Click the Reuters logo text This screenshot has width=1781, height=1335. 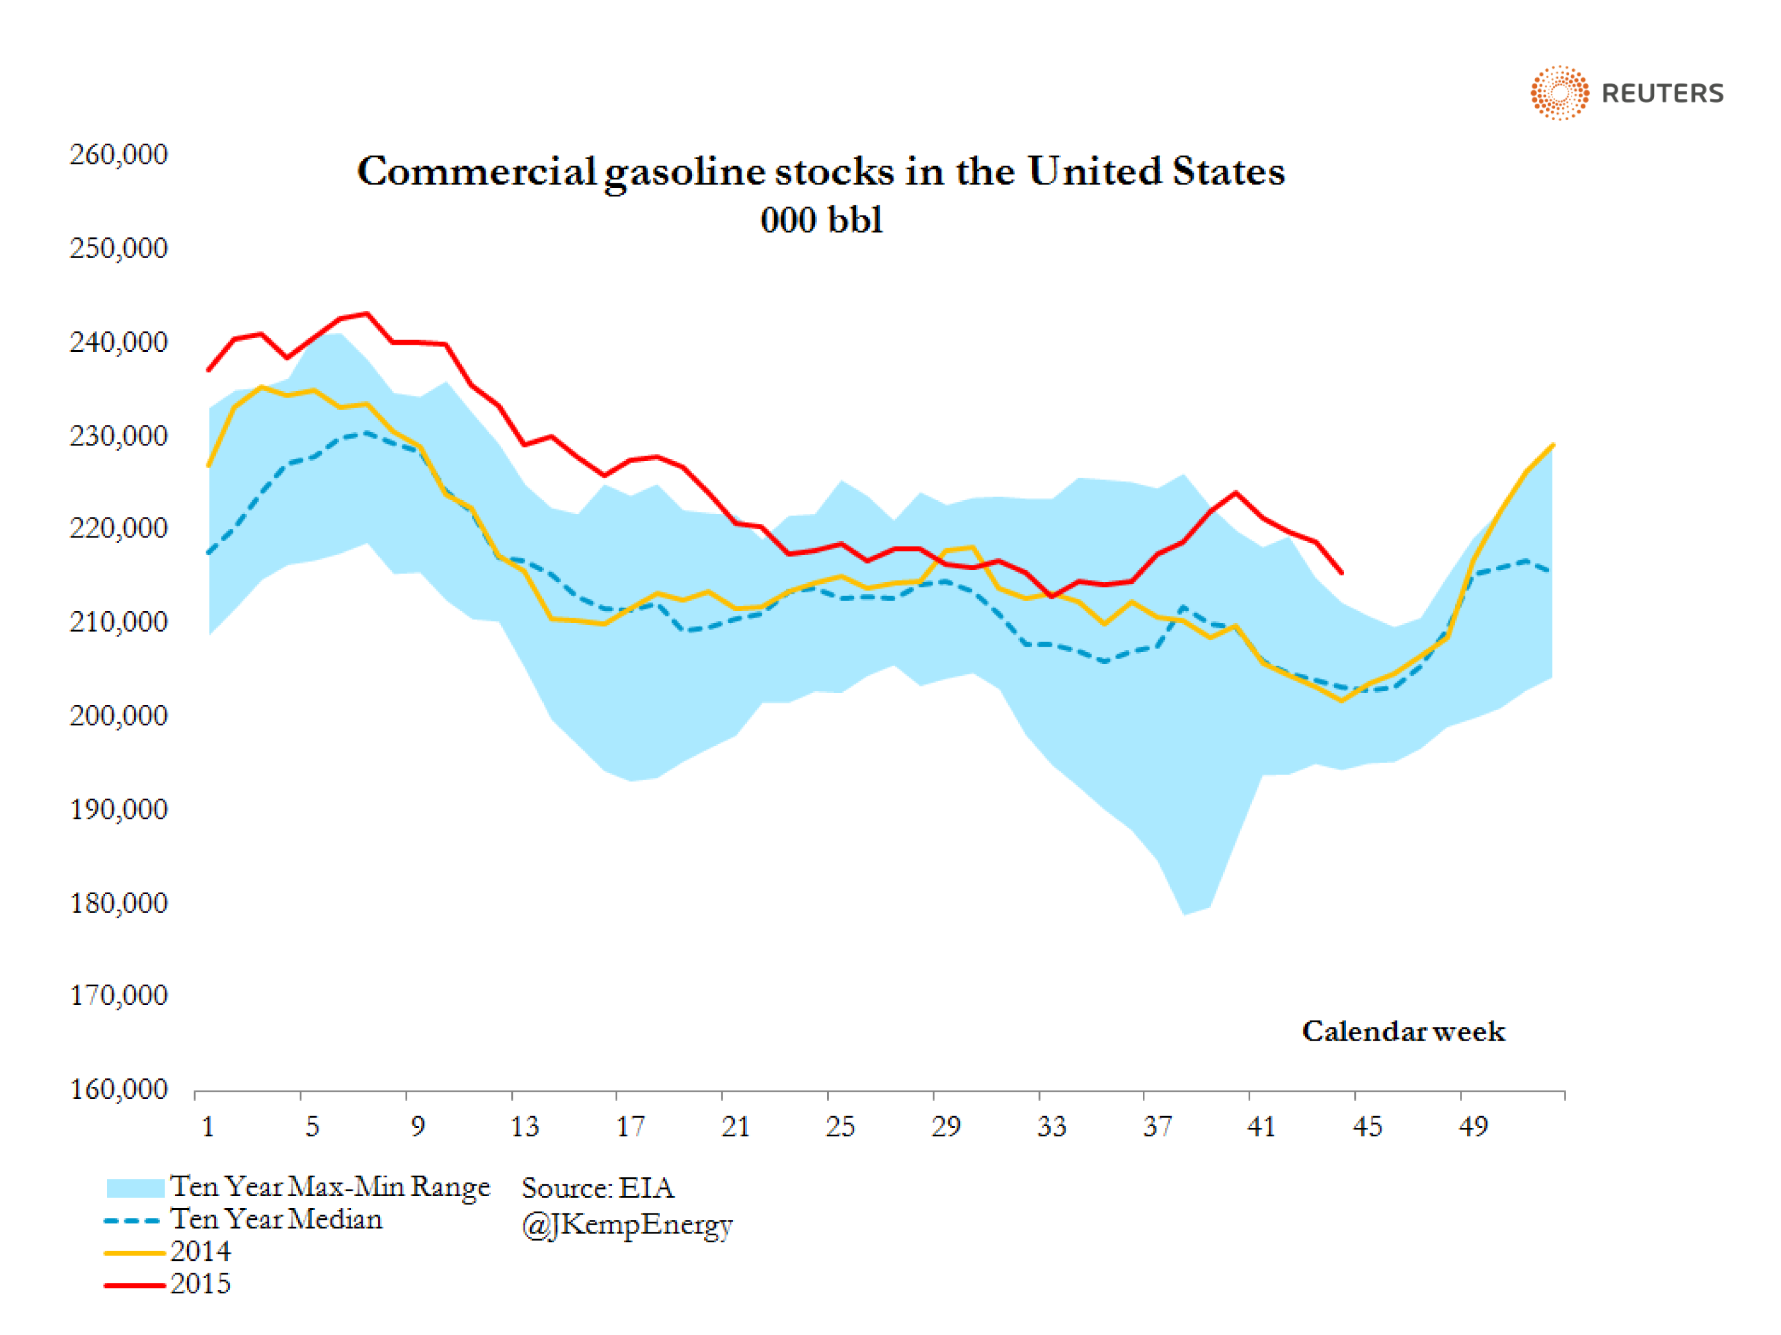[1662, 93]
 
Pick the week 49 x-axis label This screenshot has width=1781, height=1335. [1473, 1127]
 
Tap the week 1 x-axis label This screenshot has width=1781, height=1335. [208, 1127]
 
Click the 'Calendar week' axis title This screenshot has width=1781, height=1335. [1403, 1032]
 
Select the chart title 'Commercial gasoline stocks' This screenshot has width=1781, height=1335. [820, 171]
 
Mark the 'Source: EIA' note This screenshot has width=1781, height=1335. [597, 1188]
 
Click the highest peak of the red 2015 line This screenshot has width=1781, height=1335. [367, 313]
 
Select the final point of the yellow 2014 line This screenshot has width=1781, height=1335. [1552, 444]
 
